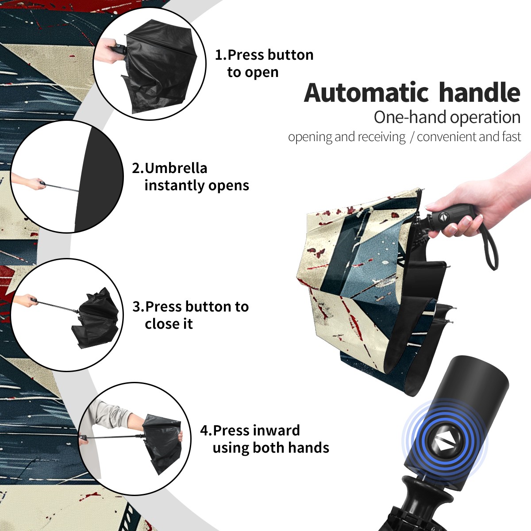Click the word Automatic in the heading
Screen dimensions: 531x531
tap(366, 92)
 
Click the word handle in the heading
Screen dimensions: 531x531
tap(480, 92)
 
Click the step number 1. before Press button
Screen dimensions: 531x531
tap(221, 55)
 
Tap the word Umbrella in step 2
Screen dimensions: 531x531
tap(176, 168)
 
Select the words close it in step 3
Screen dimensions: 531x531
tap(169, 323)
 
